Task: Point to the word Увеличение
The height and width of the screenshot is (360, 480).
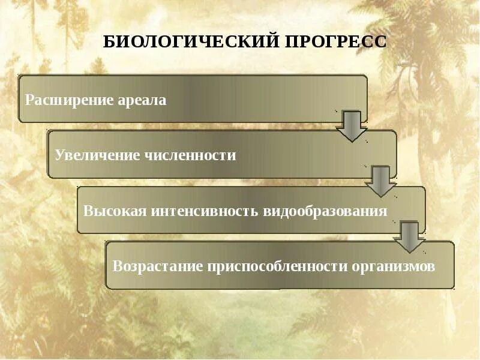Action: pyautogui.click(x=97, y=155)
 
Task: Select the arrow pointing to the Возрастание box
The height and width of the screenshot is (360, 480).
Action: pyautogui.click(x=410, y=237)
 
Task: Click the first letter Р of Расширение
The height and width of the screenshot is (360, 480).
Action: pyautogui.click(x=29, y=100)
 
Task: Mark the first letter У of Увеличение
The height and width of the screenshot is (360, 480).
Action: pyautogui.click(x=58, y=155)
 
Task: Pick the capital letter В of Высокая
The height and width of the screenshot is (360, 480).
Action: pyautogui.click(x=88, y=211)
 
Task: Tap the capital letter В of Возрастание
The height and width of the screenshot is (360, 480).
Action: pyautogui.click(x=117, y=267)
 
